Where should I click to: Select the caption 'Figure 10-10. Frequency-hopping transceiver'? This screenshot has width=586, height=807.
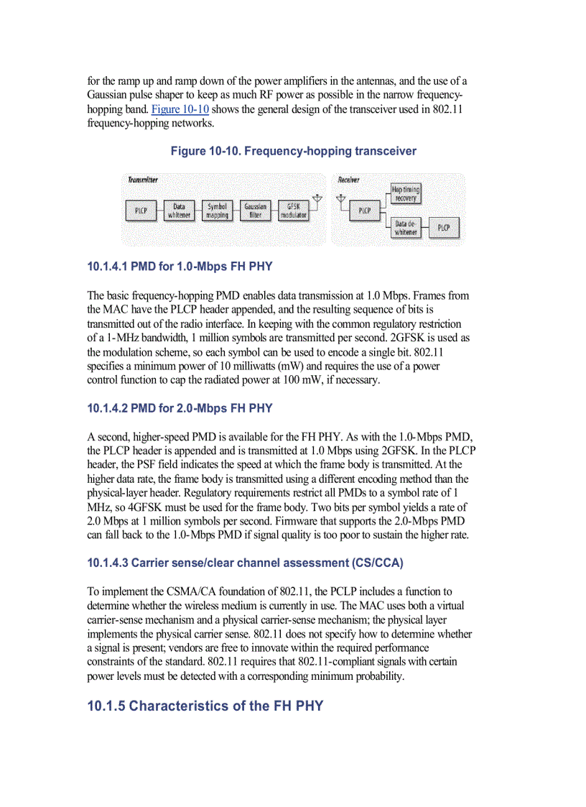(293, 151)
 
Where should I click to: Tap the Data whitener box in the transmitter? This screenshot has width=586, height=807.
(179, 211)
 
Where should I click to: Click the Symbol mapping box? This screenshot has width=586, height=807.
(217, 211)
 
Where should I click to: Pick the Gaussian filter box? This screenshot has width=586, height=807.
(255, 211)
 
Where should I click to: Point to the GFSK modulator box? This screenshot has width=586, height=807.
(293, 211)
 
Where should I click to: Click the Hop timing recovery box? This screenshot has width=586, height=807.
(406, 193)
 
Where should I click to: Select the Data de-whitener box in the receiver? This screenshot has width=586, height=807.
(406, 228)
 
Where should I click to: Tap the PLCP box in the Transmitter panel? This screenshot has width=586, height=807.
(141, 211)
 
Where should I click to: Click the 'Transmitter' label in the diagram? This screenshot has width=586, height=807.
(143, 180)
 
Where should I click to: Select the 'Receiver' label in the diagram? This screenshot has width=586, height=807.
(348, 180)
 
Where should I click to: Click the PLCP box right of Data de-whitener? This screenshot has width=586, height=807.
(444, 228)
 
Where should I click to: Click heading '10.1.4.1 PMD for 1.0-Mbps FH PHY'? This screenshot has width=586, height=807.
(180, 267)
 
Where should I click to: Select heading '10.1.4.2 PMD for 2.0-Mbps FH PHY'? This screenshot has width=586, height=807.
(180, 408)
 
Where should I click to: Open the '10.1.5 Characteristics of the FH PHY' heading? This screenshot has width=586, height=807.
(205, 706)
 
